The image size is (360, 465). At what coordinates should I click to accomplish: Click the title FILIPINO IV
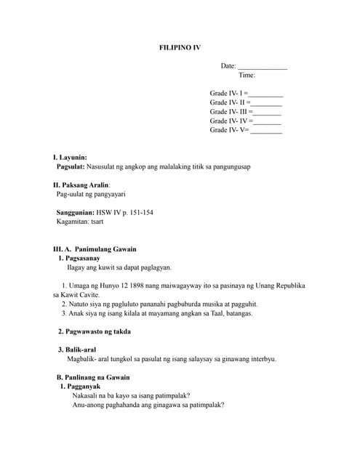pyautogui.click(x=180, y=47)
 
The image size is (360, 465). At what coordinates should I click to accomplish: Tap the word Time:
pyautogui.click(x=247, y=76)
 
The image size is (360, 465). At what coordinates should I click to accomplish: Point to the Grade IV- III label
pyautogui.click(x=229, y=112)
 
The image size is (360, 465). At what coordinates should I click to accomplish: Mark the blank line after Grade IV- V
pyautogui.click(x=266, y=131)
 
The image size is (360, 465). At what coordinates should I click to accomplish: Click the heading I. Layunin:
pyautogui.click(x=70, y=157)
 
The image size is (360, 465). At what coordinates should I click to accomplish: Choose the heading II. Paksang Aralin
pyautogui.click(x=81, y=185)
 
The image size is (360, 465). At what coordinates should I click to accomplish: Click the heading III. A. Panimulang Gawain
pyautogui.click(x=95, y=249)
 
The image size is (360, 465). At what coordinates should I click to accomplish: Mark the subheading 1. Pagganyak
pyautogui.click(x=79, y=387)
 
